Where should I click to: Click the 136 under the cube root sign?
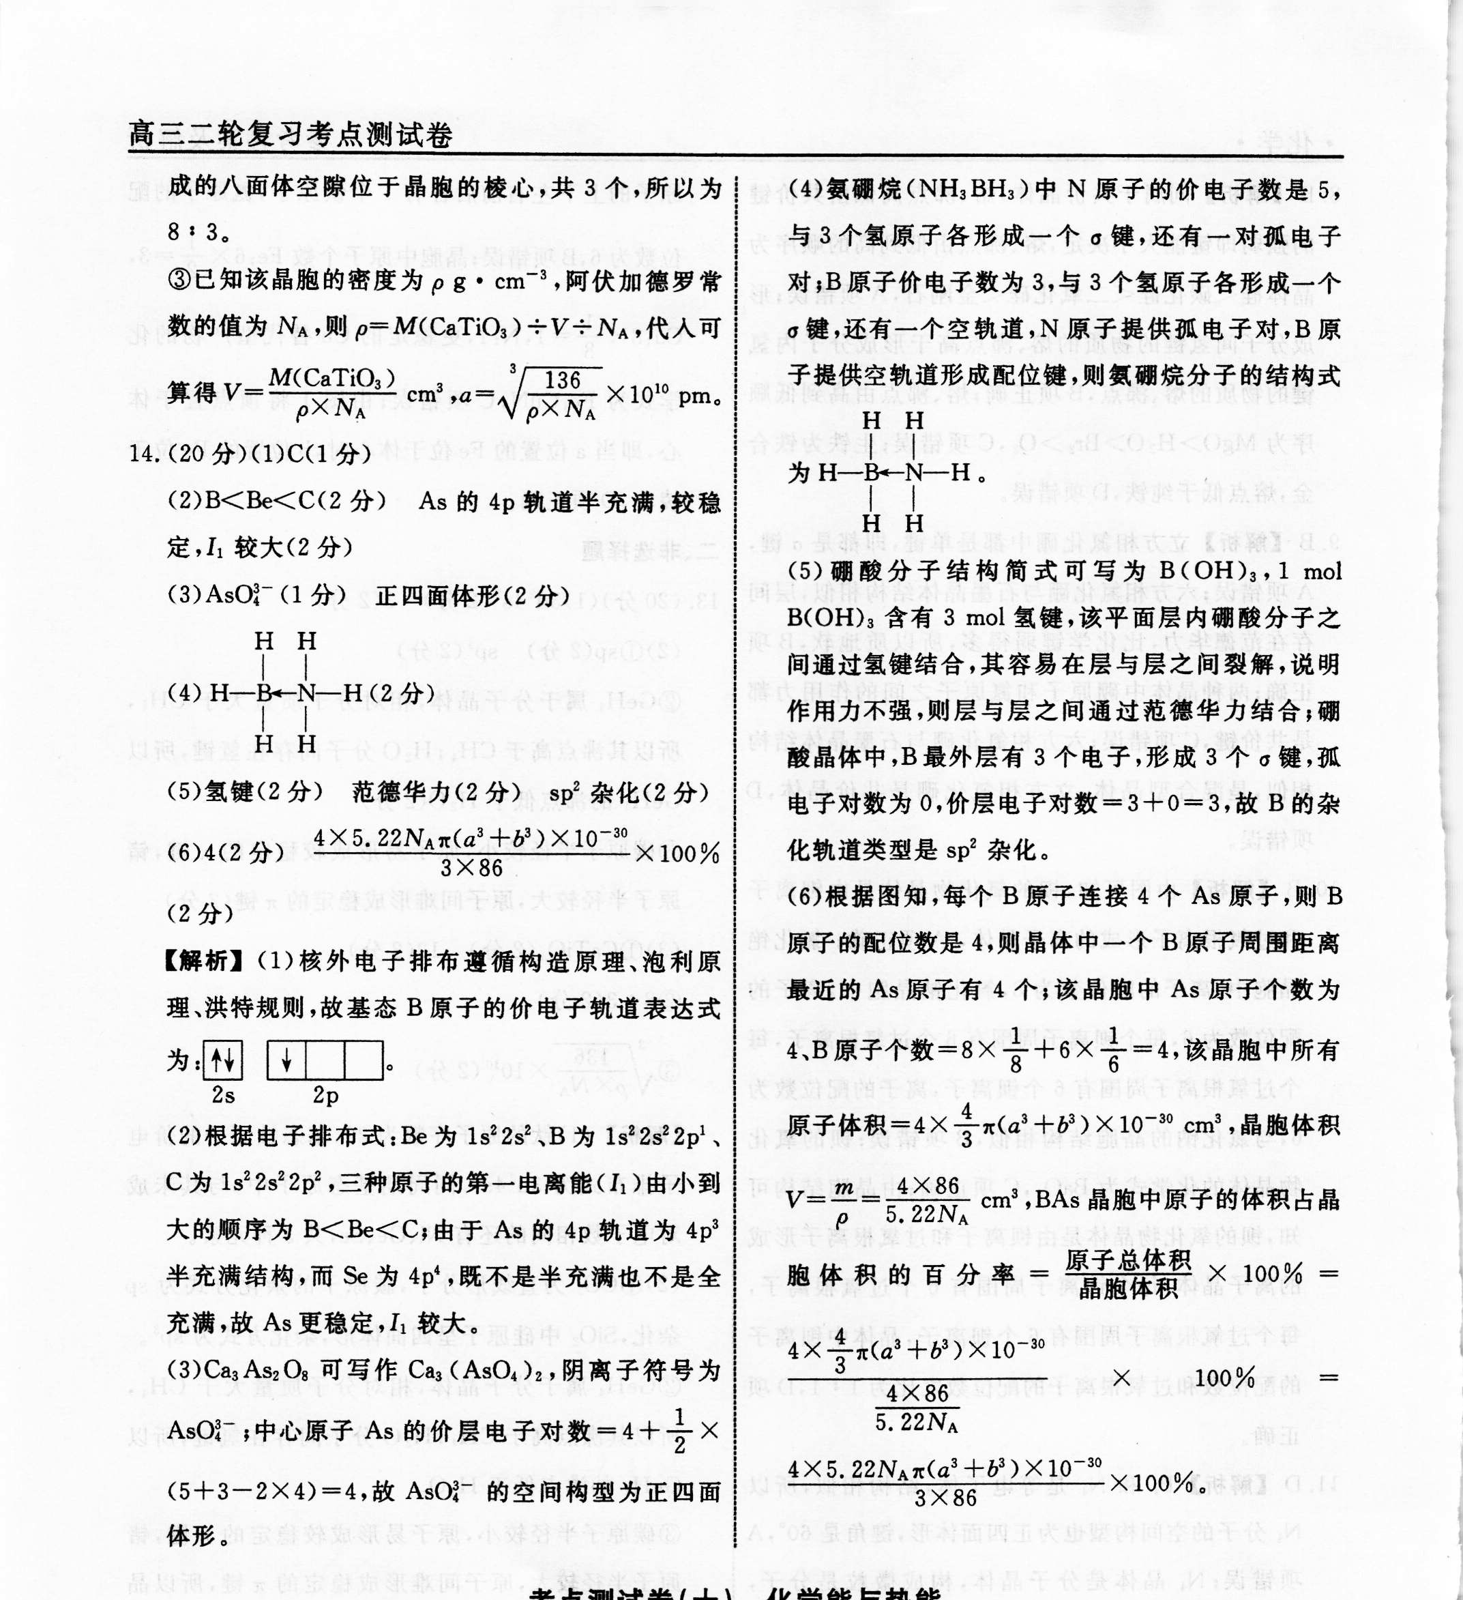563,380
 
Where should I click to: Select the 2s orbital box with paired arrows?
223,1060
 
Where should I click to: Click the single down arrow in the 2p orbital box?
286,1060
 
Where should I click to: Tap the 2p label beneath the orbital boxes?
325,1096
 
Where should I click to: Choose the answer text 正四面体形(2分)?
473,596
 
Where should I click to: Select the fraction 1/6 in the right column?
1113,1050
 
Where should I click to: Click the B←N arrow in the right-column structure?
893,473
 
